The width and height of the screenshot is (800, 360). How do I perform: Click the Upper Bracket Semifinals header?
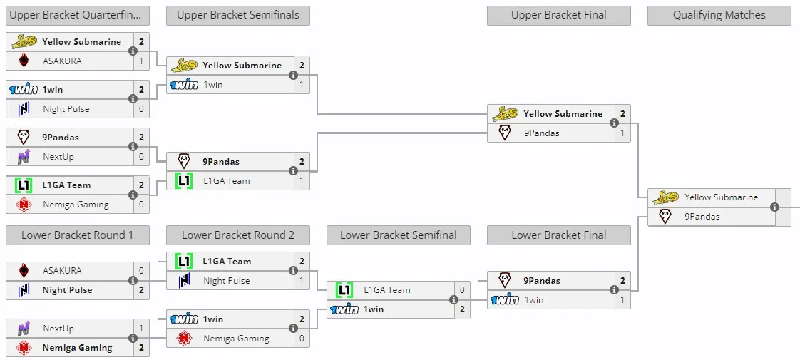coord(237,15)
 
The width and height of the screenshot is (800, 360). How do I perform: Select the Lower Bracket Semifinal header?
coord(399,235)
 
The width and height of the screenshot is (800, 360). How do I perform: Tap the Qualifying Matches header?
coord(719,15)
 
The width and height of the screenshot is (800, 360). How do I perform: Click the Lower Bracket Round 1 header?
coord(78,235)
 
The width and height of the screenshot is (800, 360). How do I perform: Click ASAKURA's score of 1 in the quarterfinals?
coord(141,61)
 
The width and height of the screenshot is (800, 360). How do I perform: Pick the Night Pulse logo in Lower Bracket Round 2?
coord(184,280)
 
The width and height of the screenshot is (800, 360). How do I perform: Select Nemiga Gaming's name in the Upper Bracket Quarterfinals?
coord(76,205)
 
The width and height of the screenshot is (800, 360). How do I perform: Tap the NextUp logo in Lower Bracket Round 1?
coord(24,329)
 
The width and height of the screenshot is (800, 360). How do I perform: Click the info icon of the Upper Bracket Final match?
coord(615,123)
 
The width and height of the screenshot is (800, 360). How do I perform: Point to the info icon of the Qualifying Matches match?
coord(774,207)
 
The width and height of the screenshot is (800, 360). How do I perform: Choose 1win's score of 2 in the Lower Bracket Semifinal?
coord(462,309)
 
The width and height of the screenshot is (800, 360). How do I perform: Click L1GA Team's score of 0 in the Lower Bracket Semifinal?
coord(462,290)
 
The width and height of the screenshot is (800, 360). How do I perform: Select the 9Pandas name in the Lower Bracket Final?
coord(542,280)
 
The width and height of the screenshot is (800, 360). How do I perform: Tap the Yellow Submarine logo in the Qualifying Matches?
coord(665,197)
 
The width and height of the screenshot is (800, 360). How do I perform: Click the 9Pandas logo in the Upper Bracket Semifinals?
coord(184,162)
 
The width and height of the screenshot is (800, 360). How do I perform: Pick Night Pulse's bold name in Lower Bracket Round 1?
coord(67,290)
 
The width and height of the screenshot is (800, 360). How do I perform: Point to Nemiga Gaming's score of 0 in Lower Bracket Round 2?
coord(302,339)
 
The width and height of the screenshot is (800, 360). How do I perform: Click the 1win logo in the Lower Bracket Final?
coord(505,300)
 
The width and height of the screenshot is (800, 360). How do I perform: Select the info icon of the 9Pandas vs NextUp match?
coord(133,147)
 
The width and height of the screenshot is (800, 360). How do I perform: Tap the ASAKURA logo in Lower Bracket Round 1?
coord(24,271)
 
